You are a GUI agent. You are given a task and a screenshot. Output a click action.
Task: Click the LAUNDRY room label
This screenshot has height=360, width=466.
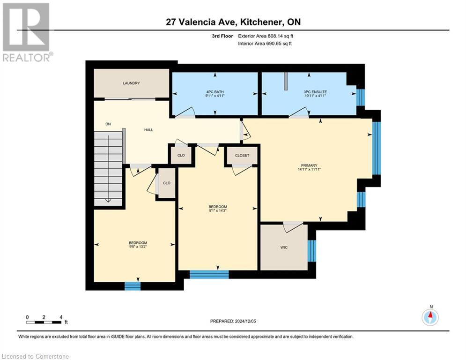131,83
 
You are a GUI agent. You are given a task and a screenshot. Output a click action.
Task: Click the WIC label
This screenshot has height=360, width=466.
284,247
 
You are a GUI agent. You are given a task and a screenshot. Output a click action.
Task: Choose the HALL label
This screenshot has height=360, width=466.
148,130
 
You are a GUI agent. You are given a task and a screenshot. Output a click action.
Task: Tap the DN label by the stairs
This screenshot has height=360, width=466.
108,124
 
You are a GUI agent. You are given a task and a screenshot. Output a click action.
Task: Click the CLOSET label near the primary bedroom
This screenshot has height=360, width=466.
242,155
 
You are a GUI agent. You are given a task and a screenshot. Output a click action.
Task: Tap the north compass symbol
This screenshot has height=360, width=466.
430,316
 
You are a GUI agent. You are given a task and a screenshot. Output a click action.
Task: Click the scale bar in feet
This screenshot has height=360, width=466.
44,322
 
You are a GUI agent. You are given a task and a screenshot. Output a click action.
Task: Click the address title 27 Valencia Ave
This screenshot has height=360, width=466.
233,22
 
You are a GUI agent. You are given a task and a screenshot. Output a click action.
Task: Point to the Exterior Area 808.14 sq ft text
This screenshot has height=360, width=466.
265,36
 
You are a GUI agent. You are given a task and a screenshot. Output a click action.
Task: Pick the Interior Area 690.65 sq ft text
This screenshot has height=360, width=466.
265,44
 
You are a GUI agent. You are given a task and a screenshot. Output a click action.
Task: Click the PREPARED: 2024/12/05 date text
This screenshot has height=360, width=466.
233,321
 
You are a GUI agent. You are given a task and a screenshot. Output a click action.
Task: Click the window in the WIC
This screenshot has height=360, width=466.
312,251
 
